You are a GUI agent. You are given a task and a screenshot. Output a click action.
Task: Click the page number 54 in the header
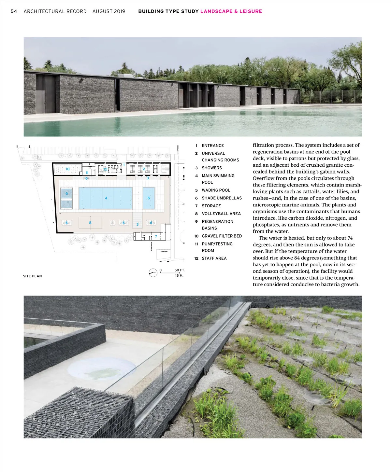pyautogui.click(x=14, y=11)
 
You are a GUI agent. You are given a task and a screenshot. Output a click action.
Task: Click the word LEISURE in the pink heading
pyautogui.click(x=251, y=11)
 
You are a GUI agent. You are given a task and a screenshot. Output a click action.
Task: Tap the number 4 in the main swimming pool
pyautogui.click(x=106, y=198)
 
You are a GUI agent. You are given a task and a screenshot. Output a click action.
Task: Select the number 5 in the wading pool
pyautogui.click(x=149, y=198)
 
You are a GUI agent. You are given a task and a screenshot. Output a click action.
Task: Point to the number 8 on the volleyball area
pyautogui.click(x=90, y=223)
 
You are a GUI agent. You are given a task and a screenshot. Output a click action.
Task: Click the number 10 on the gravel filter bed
pyautogui.click(x=67, y=169)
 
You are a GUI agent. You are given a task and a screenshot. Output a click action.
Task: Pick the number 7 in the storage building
pyautogui.click(x=156, y=236)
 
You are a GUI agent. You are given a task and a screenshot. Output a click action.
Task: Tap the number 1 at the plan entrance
pyautogui.click(x=124, y=165)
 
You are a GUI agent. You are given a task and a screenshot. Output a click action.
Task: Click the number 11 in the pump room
pyautogui.click(x=87, y=173)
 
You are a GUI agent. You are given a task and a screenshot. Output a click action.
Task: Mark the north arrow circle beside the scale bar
pyautogui.click(x=153, y=273)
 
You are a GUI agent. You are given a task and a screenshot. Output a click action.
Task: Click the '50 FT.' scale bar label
pyautogui.click(x=179, y=270)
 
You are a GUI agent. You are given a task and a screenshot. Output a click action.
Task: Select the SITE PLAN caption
pyautogui.click(x=32, y=276)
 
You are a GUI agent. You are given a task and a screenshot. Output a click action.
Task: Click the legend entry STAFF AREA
pyautogui.click(x=214, y=258)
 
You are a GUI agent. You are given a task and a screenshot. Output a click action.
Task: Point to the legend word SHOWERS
pyautogui.click(x=211, y=168)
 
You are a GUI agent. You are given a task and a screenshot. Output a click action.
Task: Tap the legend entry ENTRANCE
pyautogui.click(x=213, y=146)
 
